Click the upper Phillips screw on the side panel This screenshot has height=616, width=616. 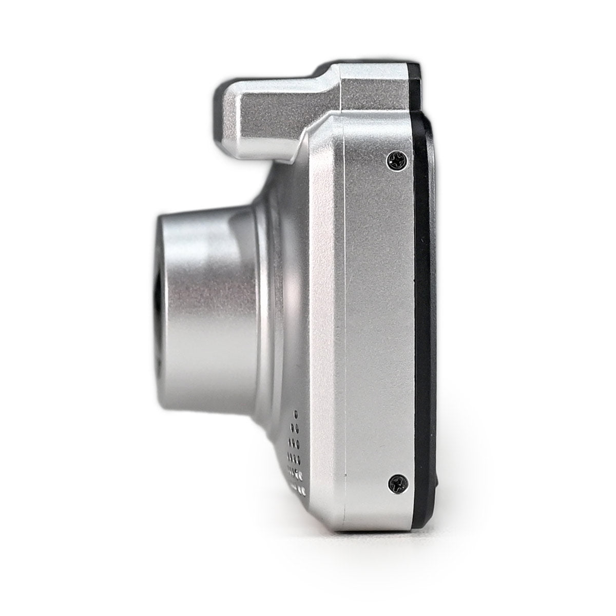coord(398,160)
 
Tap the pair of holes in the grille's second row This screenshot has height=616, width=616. coord(295,427)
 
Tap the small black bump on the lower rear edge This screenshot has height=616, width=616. coord(436,483)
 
